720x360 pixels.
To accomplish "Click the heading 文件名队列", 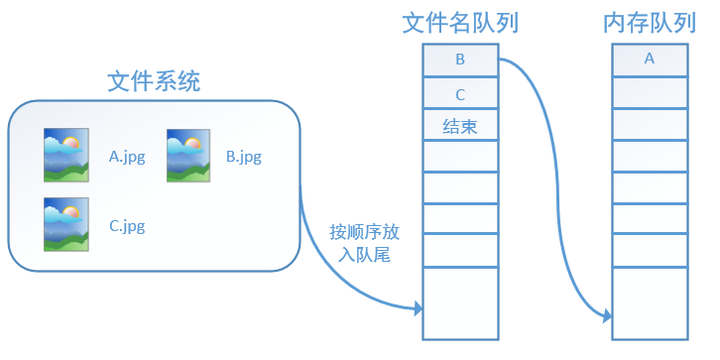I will click(x=459, y=24).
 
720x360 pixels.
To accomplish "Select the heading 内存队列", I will click(x=649, y=24).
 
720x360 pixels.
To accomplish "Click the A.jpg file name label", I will click(x=127, y=156).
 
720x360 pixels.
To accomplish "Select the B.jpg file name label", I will click(x=244, y=156).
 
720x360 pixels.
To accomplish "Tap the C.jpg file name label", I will click(x=127, y=226).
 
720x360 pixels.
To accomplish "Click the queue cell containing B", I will click(x=459, y=60).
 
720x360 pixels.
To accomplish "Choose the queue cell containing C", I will click(x=459, y=94).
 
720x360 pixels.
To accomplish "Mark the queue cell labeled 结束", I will click(x=459, y=126).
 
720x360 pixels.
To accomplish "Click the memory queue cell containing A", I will click(x=649, y=60).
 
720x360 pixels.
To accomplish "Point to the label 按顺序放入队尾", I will click(x=365, y=244).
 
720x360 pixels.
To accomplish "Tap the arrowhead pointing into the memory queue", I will click(x=606, y=316).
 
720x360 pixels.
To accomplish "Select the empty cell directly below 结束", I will click(x=459, y=156).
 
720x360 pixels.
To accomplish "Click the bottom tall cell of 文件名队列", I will click(x=459, y=303).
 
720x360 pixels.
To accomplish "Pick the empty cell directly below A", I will click(x=649, y=93).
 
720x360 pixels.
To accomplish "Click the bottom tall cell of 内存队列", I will click(x=649, y=303).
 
